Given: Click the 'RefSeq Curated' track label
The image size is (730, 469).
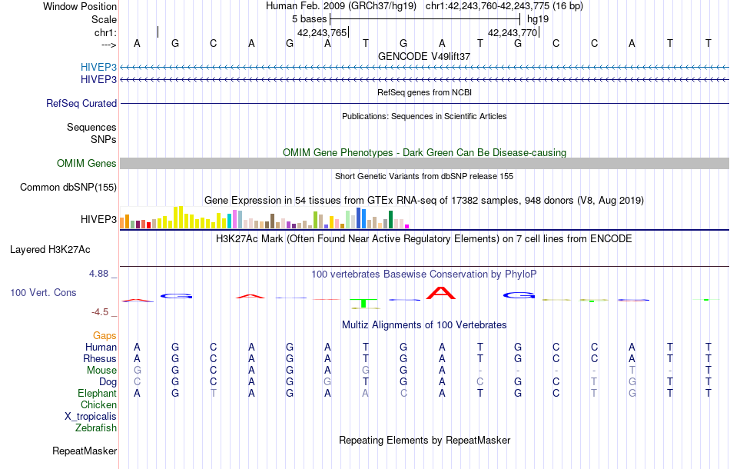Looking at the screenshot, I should [81, 103].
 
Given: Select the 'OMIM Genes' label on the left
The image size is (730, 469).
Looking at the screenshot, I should [87, 163].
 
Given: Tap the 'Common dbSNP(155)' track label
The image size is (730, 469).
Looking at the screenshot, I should [68, 187].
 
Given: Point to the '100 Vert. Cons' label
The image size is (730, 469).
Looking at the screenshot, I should [43, 293].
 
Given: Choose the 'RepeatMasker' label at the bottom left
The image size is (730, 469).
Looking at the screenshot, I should [85, 451].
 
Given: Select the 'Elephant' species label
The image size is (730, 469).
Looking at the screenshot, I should [97, 393].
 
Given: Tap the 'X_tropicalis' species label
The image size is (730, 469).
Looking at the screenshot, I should [91, 416].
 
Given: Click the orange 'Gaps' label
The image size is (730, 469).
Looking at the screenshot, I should [105, 335].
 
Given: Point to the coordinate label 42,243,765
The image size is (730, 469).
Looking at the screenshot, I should [322, 33].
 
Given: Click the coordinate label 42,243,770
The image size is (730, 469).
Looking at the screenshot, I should [513, 33].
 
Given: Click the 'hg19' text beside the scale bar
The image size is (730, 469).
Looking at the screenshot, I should [538, 18].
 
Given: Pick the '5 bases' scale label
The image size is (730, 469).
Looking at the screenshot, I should [309, 18].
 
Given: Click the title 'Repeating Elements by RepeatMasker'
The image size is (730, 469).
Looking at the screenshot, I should [425, 440].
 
